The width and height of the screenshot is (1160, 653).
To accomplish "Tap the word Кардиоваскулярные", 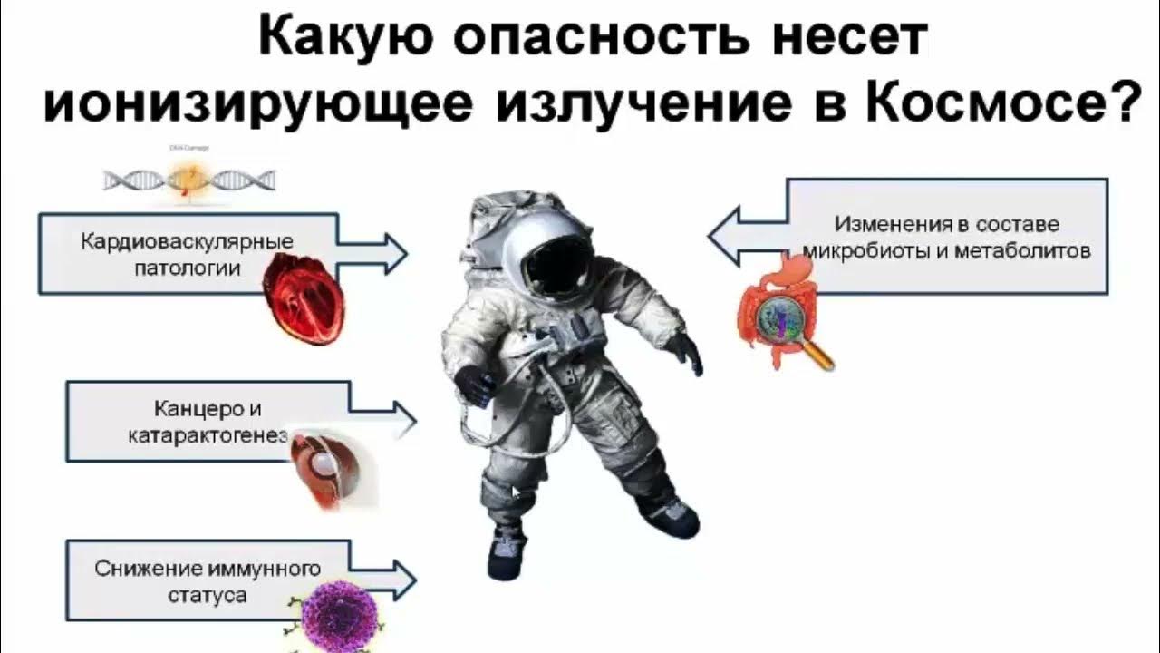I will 188,243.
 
